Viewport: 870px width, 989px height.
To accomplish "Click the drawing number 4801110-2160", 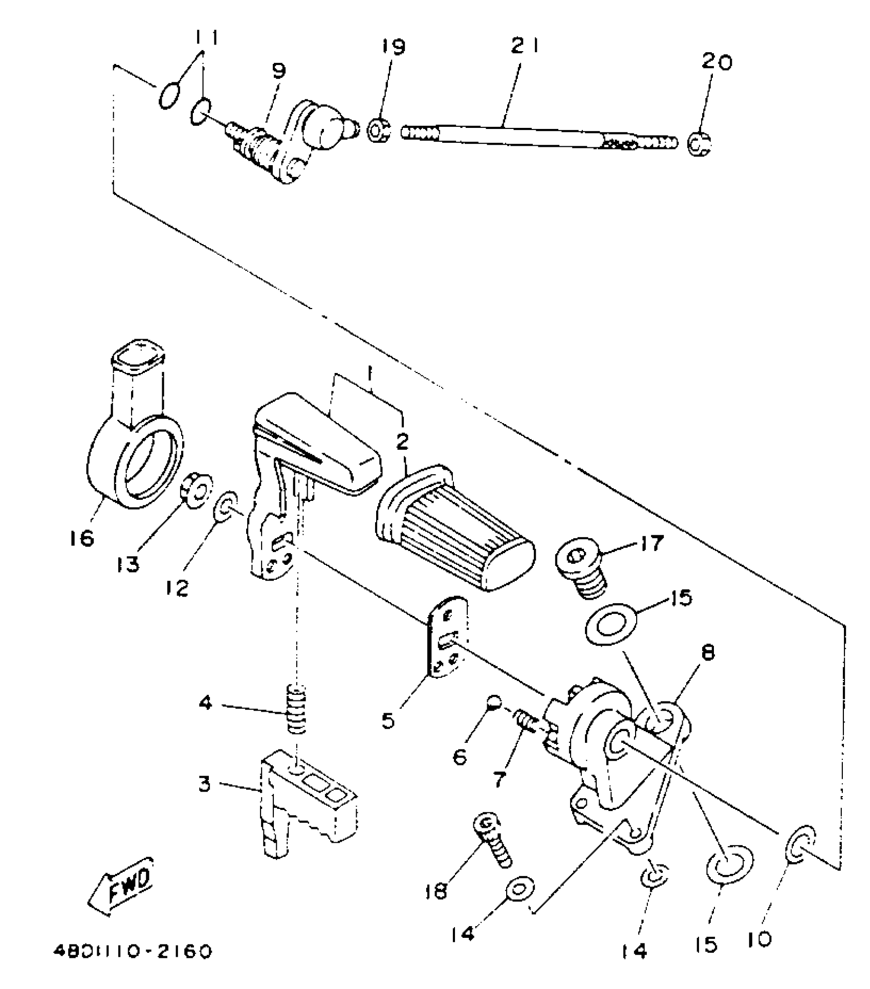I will click(x=133, y=951).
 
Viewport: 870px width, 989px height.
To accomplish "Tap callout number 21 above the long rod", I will click(x=525, y=48).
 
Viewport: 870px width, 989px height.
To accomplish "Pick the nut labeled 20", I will click(x=699, y=144).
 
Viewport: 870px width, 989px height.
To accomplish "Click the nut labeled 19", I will click(x=379, y=130).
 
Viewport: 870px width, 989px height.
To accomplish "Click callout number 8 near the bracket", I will click(x=708, y=652).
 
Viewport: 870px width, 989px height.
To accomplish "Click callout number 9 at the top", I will click(x=279, y=72).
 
